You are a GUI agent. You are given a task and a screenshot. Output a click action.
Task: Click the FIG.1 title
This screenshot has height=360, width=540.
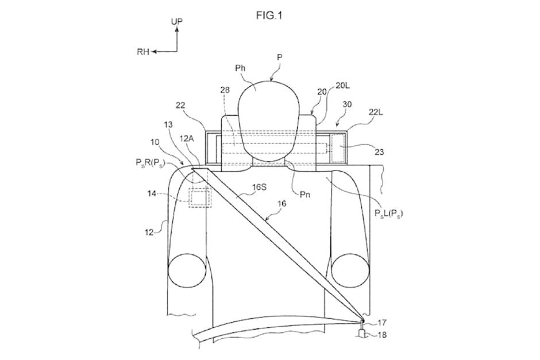coord(269,16)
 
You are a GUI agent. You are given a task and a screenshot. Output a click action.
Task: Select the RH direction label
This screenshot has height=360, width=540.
coord(143,52)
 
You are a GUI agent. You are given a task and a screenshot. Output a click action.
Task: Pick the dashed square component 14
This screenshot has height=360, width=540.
coord(199,198)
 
